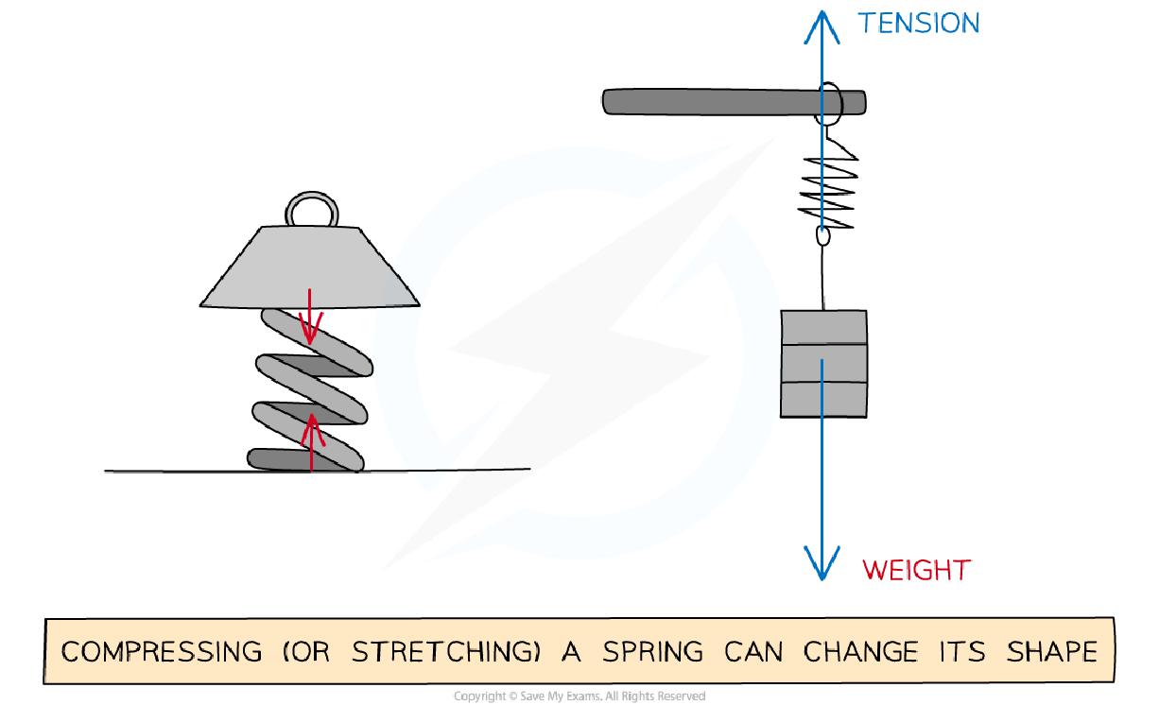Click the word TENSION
click(x=918, y=23)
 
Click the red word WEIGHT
click(x=916, y=570)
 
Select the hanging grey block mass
click(x=822, y=364)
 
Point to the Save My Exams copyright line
click(x=579, y=696)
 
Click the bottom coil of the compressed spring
click(x=303, y=459)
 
